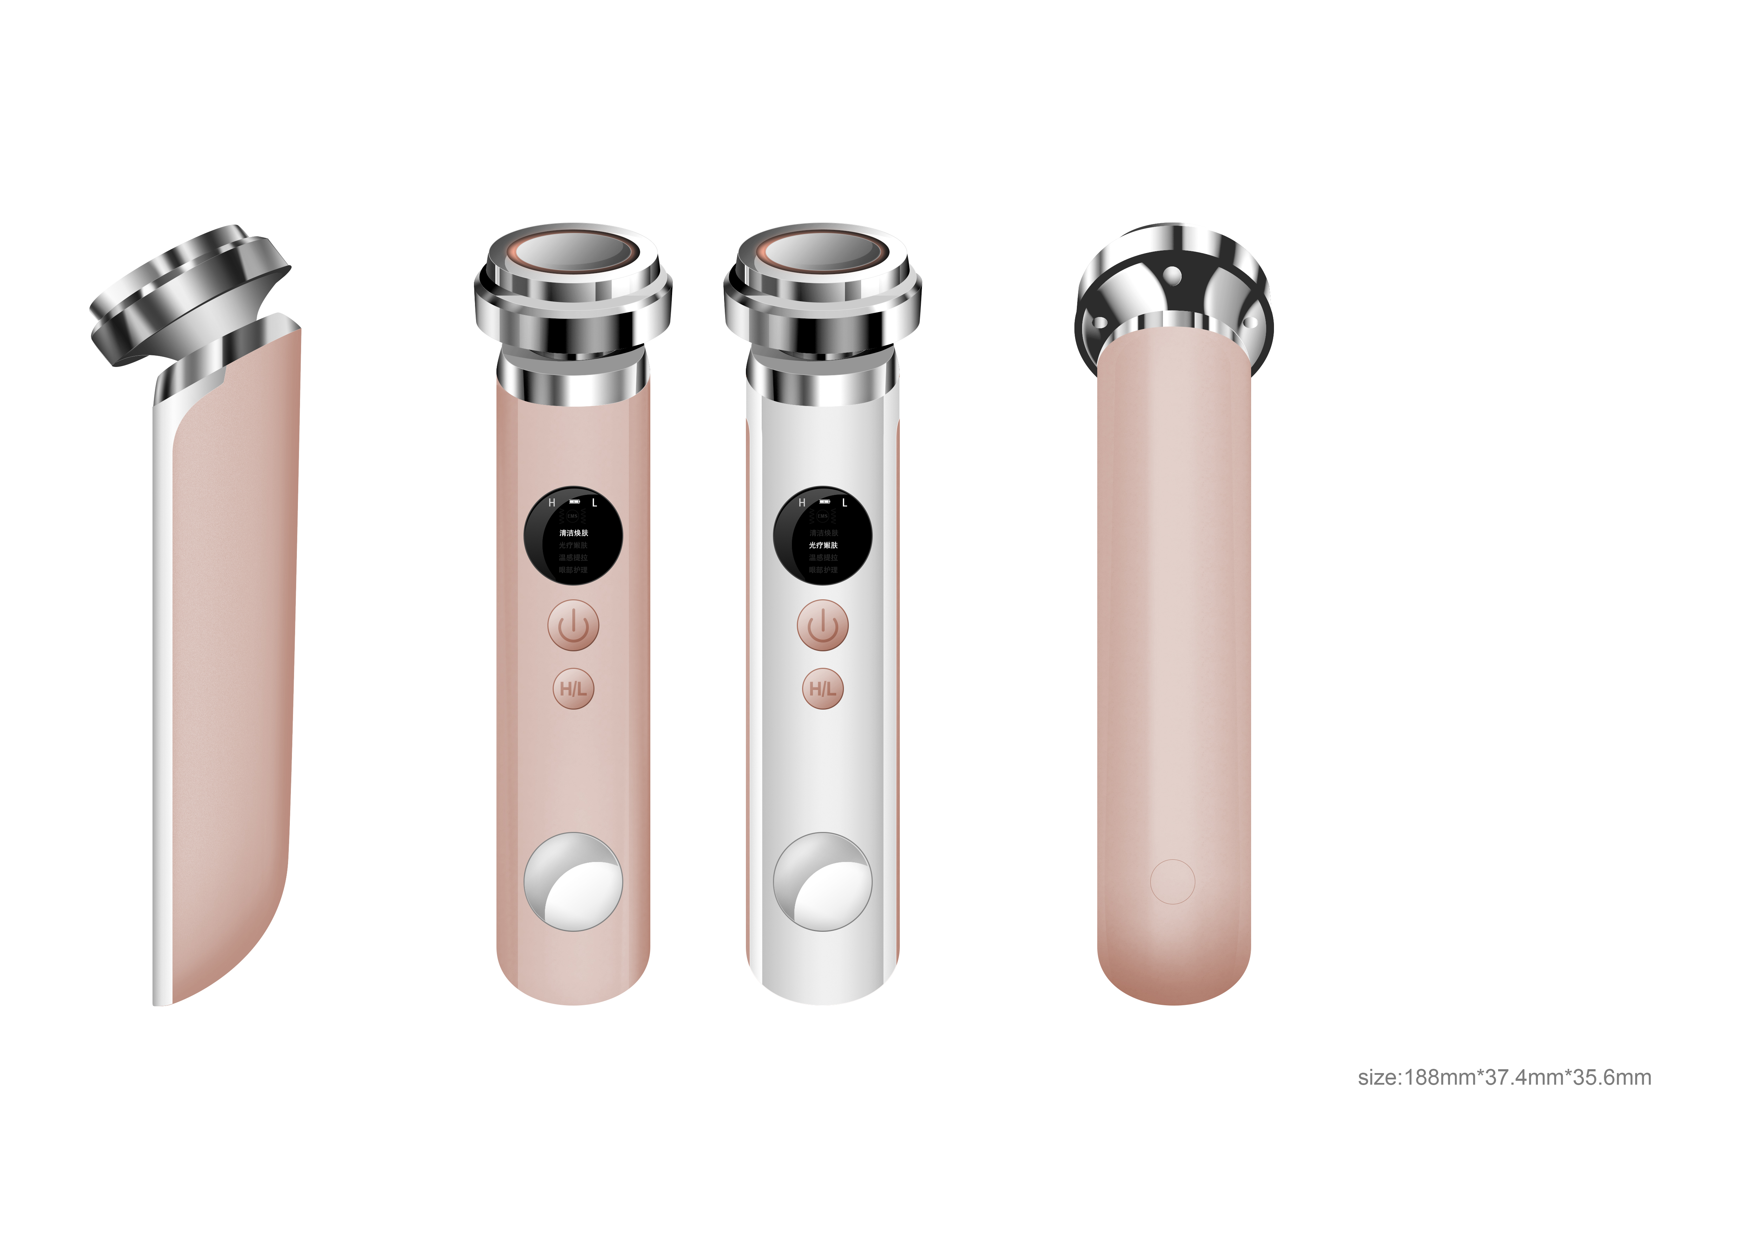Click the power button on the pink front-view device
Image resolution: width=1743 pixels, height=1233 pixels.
(573, 626)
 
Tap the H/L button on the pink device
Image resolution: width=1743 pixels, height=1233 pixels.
(573, 689)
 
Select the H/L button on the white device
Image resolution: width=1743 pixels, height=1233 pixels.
(823, 689)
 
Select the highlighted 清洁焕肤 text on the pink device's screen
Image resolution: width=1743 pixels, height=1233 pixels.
(573, 533)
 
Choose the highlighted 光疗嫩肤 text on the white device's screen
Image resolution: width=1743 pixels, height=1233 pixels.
(823, 545)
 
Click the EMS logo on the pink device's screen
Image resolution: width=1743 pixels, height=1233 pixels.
(573, 516)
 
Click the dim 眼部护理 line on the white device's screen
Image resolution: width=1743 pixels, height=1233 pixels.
(823, 569)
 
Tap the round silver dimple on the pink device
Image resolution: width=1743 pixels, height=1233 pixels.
(573, 882)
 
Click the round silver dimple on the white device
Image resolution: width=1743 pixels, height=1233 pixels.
(823, 882)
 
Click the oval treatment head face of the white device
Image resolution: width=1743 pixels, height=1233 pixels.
(823, 252)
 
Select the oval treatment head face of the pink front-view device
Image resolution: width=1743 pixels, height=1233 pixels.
(573, 252)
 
